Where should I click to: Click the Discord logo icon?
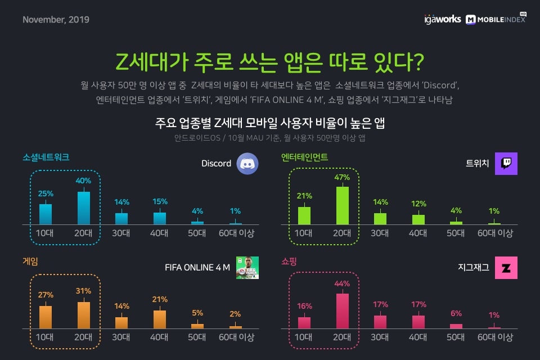(x=247, y=164)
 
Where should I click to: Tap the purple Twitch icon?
(x=506, y=164)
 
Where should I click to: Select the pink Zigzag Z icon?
(x=506, y=268)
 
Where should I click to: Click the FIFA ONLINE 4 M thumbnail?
(x=247, y=268)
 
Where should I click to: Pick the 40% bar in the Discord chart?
(x=83, y=208)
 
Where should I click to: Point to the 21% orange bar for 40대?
(x=160, y=319)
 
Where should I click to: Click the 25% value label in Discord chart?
(x=46, y=193)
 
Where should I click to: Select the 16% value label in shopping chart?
(x=304, y=306)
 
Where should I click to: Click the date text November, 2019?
(x=56, y=20)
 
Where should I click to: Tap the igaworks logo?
(x=442, y=19)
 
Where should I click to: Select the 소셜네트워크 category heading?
(x=46, y=157)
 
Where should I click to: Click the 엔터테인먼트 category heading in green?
(x=304, y=157)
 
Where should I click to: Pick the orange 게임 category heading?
(x=30, y=262)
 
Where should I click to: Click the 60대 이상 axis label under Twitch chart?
(x=495, y=233)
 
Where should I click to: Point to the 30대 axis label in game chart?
(x=121, y=337)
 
